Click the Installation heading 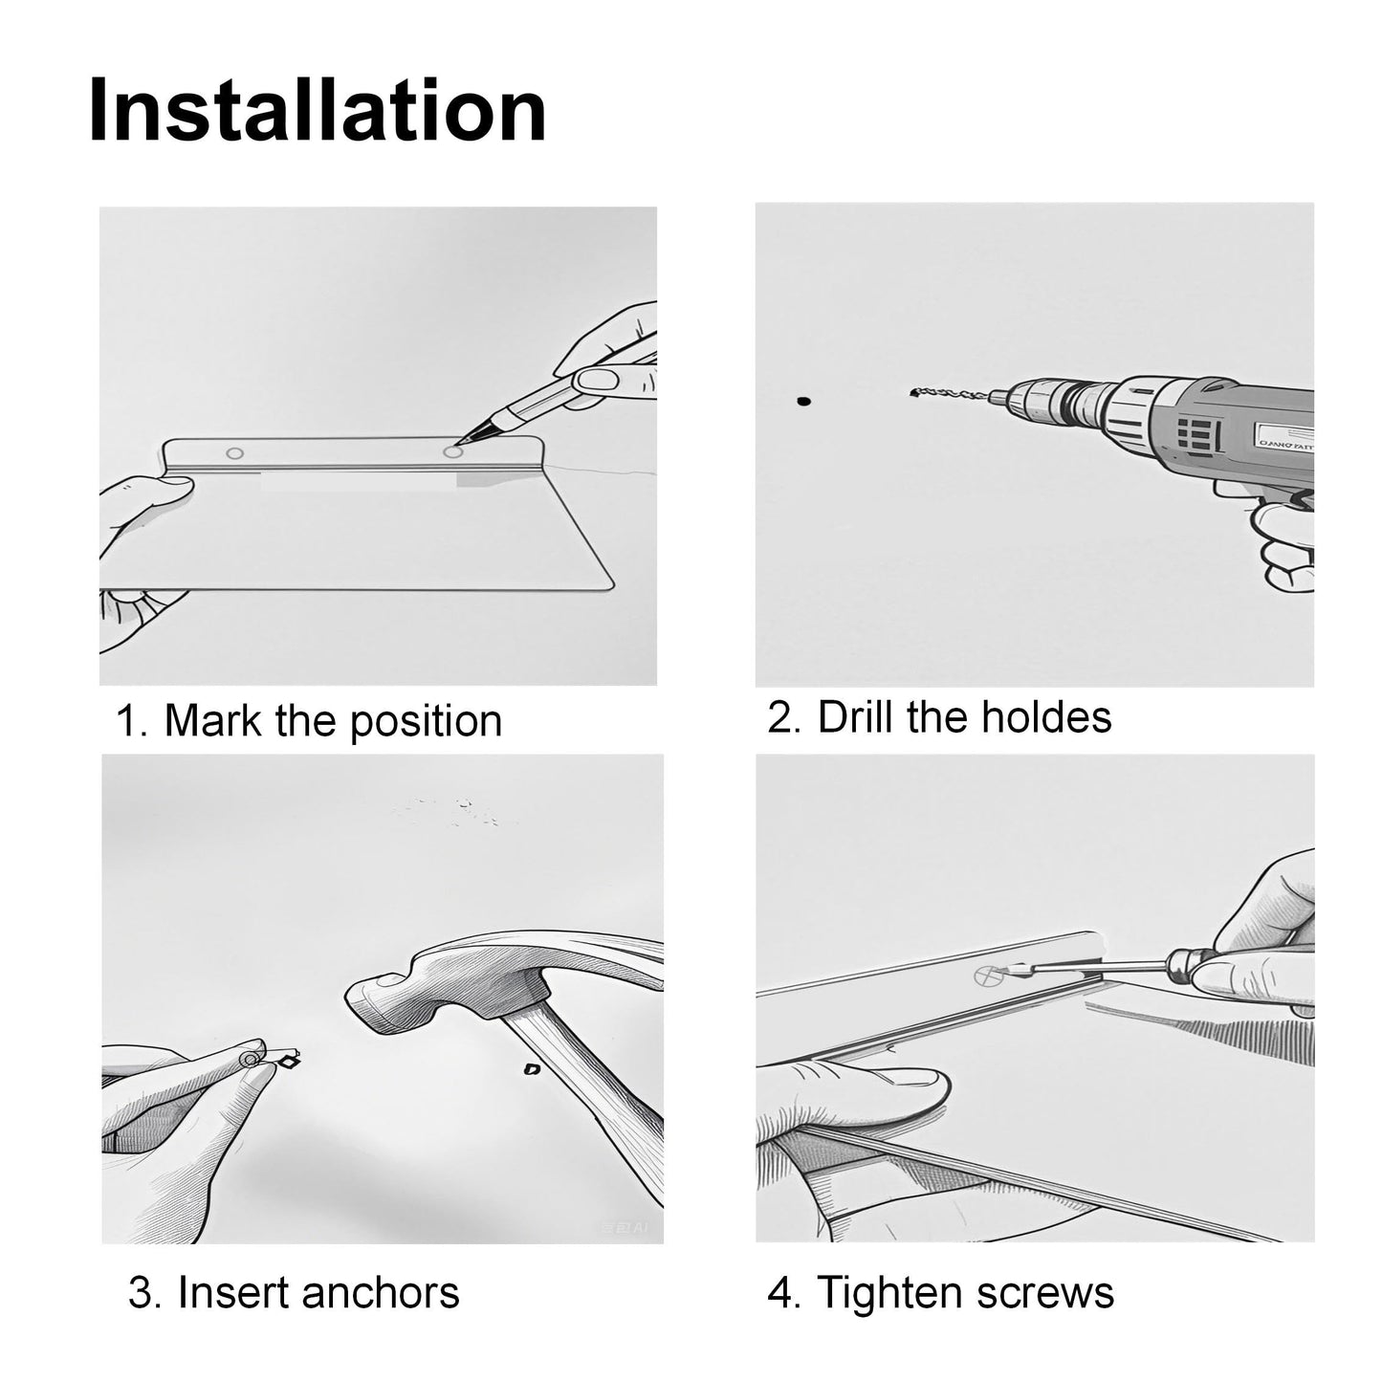point(317,111)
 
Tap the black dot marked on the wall point(803,401)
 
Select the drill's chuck point(1034,400)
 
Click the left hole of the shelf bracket point(235,453)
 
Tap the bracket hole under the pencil point(451,451)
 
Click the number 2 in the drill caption point(778,716)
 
